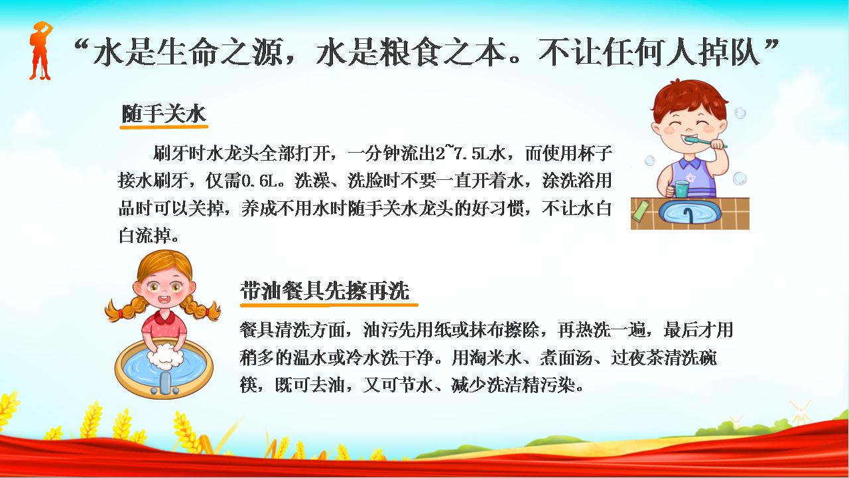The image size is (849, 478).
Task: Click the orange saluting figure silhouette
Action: pos(40,51)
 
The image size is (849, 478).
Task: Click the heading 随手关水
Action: pos(164,114)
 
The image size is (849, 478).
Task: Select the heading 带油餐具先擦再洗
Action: pos(325,291)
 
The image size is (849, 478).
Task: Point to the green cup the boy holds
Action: pos(683,189)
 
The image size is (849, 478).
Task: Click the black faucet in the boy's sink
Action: pos(688,216)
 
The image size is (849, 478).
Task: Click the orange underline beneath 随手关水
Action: pos(164,126)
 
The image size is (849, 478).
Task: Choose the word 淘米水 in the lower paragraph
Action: pos(487,357)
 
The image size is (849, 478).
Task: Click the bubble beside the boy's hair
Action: pos(740,113)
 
